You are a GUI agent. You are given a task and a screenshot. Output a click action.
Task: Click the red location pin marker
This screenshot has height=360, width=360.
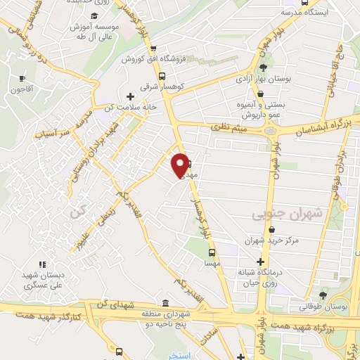[x=181, y=165]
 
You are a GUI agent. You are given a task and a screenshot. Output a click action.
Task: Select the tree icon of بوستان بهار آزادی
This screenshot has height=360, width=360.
[x=262, y=68]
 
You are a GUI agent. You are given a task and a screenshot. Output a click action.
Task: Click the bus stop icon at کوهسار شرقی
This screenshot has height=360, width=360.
[x=162, y=76]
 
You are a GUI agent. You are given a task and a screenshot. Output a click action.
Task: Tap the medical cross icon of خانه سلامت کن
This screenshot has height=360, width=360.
[x=129, y=96]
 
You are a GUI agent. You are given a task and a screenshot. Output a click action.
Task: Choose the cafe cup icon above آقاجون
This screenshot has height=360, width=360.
[x=22, y=77]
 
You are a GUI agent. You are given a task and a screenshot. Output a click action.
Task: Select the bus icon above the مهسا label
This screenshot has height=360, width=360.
[x=210, y=252]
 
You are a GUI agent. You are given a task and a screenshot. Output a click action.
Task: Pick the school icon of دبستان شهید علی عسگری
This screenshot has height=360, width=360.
[x=41, y=264]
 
